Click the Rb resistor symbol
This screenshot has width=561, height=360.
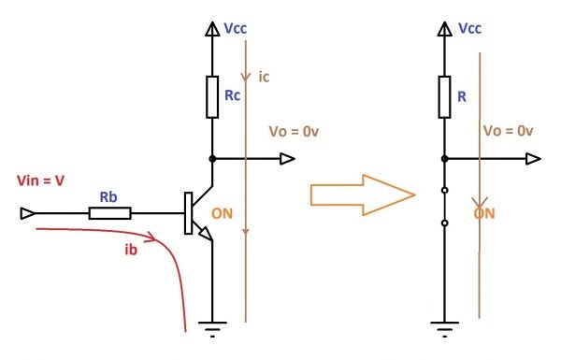[109, 213]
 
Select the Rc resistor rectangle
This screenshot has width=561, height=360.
[212, 97]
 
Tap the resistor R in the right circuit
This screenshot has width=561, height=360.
[444, 97]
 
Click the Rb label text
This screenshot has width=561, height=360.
[108, 196]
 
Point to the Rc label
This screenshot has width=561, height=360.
[232, 95]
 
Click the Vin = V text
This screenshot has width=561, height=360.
[40, 180]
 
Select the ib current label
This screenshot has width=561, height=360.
[131, 250]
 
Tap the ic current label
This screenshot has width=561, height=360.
[264, 77]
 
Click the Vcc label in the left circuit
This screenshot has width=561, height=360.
[235, 28]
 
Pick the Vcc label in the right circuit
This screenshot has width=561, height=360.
[469, 28]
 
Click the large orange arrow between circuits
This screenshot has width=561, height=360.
[363, 195]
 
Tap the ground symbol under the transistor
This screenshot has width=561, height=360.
[212, 329]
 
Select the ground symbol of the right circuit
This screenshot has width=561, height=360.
[444, 329]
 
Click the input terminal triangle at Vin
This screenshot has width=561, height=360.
[27, 213]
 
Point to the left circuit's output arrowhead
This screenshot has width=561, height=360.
[287, 159]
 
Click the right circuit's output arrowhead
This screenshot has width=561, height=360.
[533, 159]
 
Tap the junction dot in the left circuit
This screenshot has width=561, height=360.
[212, 159]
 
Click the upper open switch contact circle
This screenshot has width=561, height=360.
[445, 191]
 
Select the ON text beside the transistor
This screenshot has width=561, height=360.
[222, 213]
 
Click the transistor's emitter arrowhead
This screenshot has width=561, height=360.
[206, 234]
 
